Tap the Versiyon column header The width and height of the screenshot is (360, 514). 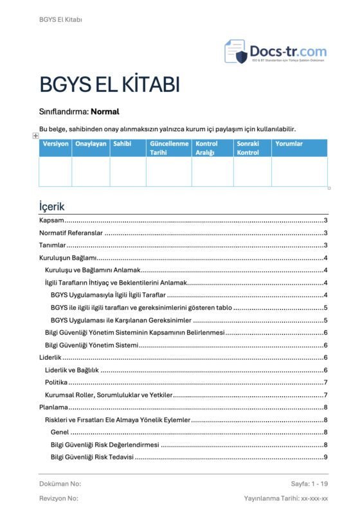click(55, 144)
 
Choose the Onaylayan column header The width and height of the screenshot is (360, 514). click(91, 144)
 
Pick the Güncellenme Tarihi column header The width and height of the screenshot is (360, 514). click(169, 148)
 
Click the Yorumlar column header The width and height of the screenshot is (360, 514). click(289, 144)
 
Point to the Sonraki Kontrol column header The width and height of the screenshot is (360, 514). click(248, 148)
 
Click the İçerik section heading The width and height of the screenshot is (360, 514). click(51, 207)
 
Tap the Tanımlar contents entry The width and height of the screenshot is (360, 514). click(53, 245)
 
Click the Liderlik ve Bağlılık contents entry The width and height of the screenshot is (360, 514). click(71, 370)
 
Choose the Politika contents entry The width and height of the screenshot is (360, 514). click(56, 382)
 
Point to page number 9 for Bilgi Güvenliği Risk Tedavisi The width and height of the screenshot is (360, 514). click(326, 457)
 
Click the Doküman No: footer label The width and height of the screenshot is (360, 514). click(60, 483)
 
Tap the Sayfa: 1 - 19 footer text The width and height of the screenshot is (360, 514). click(309, 483)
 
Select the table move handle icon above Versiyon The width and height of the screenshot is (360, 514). click(35, 136)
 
